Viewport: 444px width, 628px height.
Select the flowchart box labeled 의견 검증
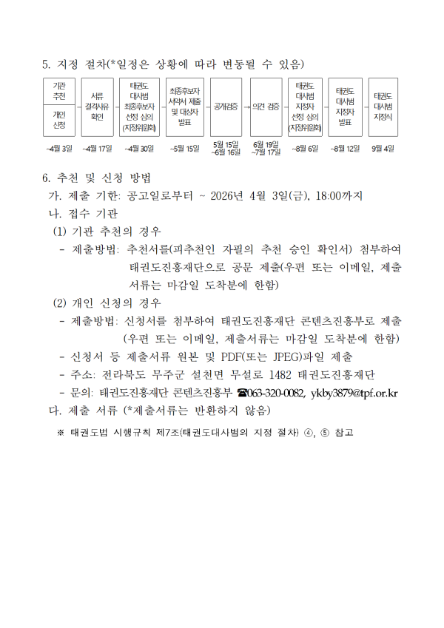point(266,107)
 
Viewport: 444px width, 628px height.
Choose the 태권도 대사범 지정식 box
point(383,107)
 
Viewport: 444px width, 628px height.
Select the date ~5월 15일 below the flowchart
point(184,149)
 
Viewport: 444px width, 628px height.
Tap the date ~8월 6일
point(304,149)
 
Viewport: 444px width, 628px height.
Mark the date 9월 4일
point(383,149)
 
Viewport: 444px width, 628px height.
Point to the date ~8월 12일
point(345,149)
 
